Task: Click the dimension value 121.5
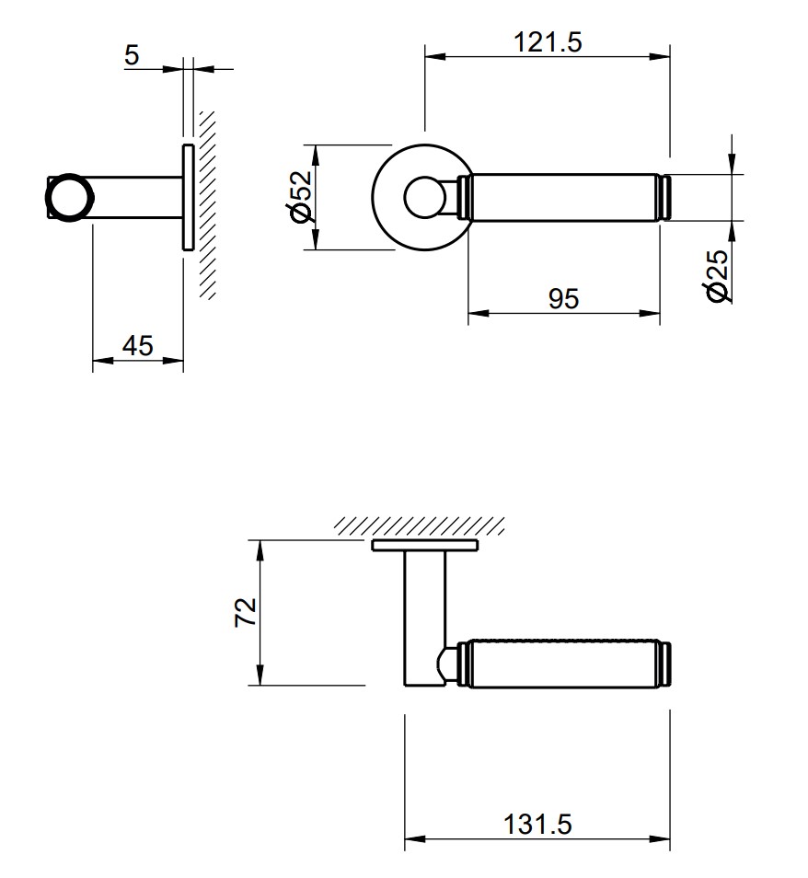548,42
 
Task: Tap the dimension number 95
563,299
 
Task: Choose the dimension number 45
137,345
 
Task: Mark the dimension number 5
132,55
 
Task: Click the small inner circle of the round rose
424,198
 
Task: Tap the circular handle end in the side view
70,198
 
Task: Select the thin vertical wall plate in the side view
187,197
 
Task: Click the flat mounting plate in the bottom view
424,546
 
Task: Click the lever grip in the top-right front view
563,198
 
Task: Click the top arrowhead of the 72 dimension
261,547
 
